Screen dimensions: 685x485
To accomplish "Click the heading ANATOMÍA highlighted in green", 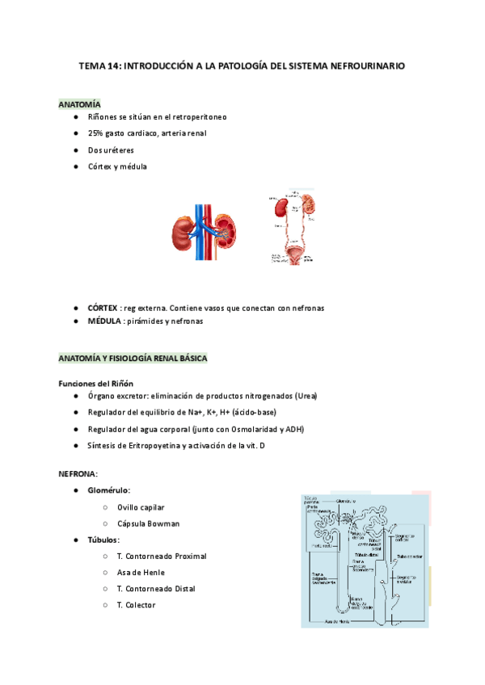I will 79,104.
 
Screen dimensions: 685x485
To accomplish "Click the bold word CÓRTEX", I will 102,309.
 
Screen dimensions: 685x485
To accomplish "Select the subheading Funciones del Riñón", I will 95,383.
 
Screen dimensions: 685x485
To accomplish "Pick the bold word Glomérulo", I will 108,490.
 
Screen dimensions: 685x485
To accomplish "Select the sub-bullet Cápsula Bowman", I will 148,523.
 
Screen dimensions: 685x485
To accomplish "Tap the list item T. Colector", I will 136,604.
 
